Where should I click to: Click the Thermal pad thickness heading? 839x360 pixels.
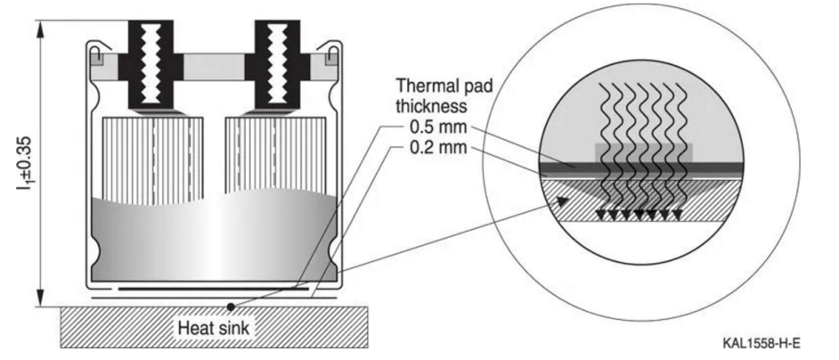coord(445,96)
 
